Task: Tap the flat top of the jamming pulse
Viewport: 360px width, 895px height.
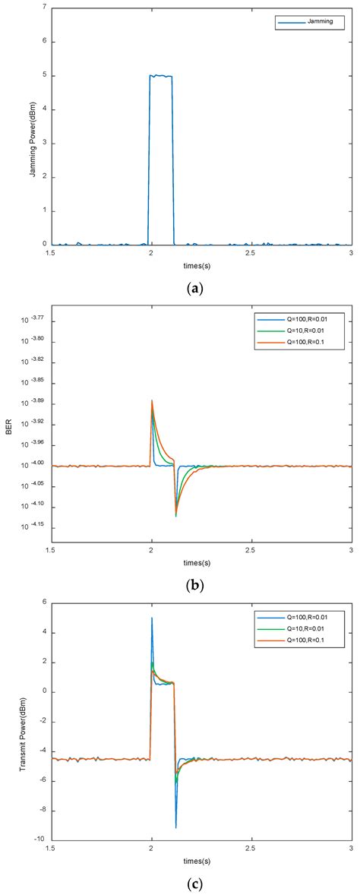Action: coord(161,76)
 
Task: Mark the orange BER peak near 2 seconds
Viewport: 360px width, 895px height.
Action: coord(152,400)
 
